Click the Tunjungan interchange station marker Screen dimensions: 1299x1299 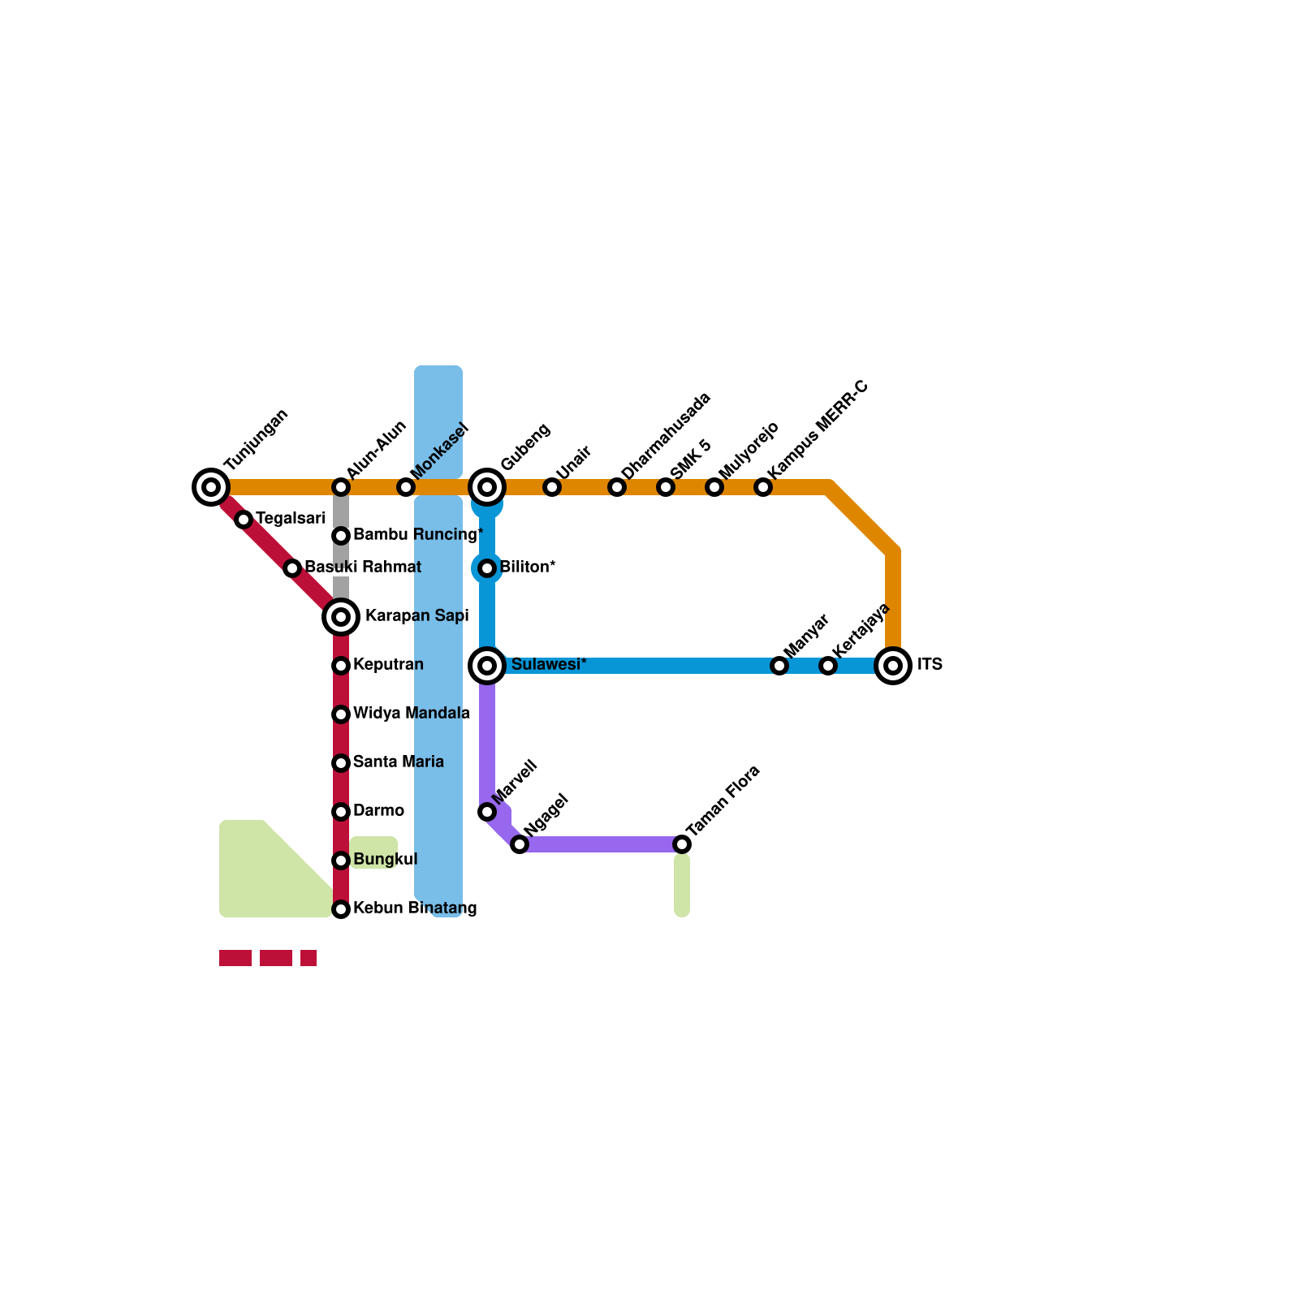(x=211, y=487)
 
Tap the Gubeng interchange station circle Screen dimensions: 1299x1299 (x=487, y=487)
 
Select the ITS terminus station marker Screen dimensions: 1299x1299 (x=893, y=666)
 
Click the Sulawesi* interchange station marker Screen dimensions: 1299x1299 (x=487, y=666)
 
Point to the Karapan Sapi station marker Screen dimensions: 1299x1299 (x=341, y=617)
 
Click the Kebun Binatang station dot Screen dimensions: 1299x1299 (x=341, y=909)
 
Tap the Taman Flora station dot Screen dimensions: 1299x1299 (x=682, y=844)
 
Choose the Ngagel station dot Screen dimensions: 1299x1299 (x=520, y=844)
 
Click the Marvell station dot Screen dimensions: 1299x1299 (x=487, y=812)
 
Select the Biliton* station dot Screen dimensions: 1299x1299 (x=487, y=568)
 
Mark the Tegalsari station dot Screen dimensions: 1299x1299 (x=244, y=520)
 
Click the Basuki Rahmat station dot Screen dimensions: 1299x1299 (x=292, y=568)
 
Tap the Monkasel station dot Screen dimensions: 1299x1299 (x=406, y=487)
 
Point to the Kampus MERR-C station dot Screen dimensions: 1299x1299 (x=763, y=487)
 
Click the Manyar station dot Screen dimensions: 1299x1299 (x=779, y=666)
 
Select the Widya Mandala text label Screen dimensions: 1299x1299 (x=412, y=714)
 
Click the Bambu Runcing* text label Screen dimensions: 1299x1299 (x=418, y=535)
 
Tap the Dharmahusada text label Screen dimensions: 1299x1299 (x=666, y=435)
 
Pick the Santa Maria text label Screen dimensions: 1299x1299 (x=399, y=762)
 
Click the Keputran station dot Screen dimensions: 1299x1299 (x=341, y=666)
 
